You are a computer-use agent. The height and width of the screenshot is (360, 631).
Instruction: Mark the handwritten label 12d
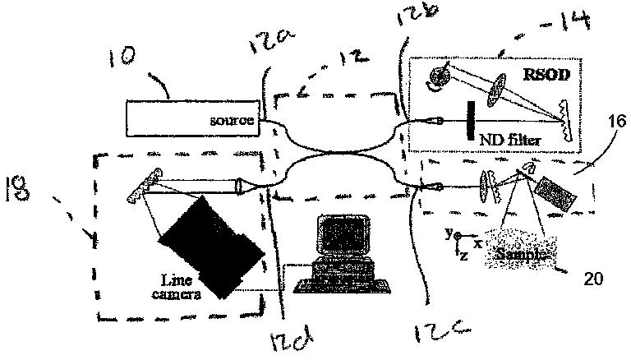[x=297, y=336]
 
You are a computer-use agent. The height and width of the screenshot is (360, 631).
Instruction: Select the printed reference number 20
[x=592, y=279]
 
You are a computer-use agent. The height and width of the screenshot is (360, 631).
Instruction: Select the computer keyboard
[x=334, y=284]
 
